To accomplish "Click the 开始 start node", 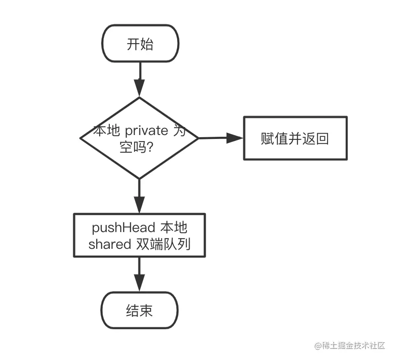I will [140, 45].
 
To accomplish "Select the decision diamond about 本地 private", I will [139, 138].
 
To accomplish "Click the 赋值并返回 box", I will [295, 138].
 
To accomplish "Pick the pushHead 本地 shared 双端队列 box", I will [139, 236].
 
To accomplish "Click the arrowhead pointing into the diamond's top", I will [139, 88].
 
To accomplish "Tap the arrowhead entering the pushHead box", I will [139, 205].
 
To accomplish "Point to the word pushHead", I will [123, 228].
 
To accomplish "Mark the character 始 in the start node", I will [147, 45].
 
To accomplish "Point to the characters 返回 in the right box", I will [315, 139].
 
